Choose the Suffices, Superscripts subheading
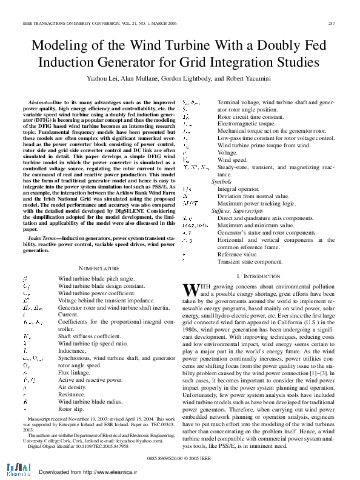237,210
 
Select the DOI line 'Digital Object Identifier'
70,445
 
